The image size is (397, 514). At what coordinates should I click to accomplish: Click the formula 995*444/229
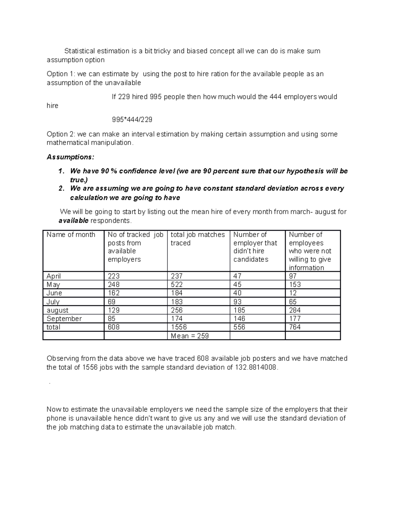pyautogui.click(x=132, y=119)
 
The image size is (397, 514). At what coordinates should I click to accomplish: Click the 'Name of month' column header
pyautogui.click(x=71, y=235)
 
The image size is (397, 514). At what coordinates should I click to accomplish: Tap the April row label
pyautogui.click(x=54, y=276)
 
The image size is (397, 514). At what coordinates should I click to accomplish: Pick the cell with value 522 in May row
pyautogui.click(x=177, y=285)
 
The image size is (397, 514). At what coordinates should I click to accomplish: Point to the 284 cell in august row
pyautogui.click(x=294, y=310)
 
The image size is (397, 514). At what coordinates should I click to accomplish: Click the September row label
pyautogui.click(x=64, y=318)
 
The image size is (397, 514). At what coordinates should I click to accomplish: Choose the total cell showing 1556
pyautogui.click(x=179, y=327)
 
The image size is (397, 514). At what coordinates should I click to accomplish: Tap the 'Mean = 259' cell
pyautogui.click(x=190, y=336)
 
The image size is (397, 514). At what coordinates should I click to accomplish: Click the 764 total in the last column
pyautogui.click(x=294, y=327)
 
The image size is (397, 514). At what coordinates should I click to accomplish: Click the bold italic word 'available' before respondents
pyautogui.click(x=73, y=221)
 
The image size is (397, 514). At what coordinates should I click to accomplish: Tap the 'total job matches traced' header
pyautogui.click(x=198, y=239)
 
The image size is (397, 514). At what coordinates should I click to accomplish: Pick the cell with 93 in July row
pyautogui.click(x=237, y=302)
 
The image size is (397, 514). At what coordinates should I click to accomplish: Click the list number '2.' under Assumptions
pyautogui.click(x=61, y=188)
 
